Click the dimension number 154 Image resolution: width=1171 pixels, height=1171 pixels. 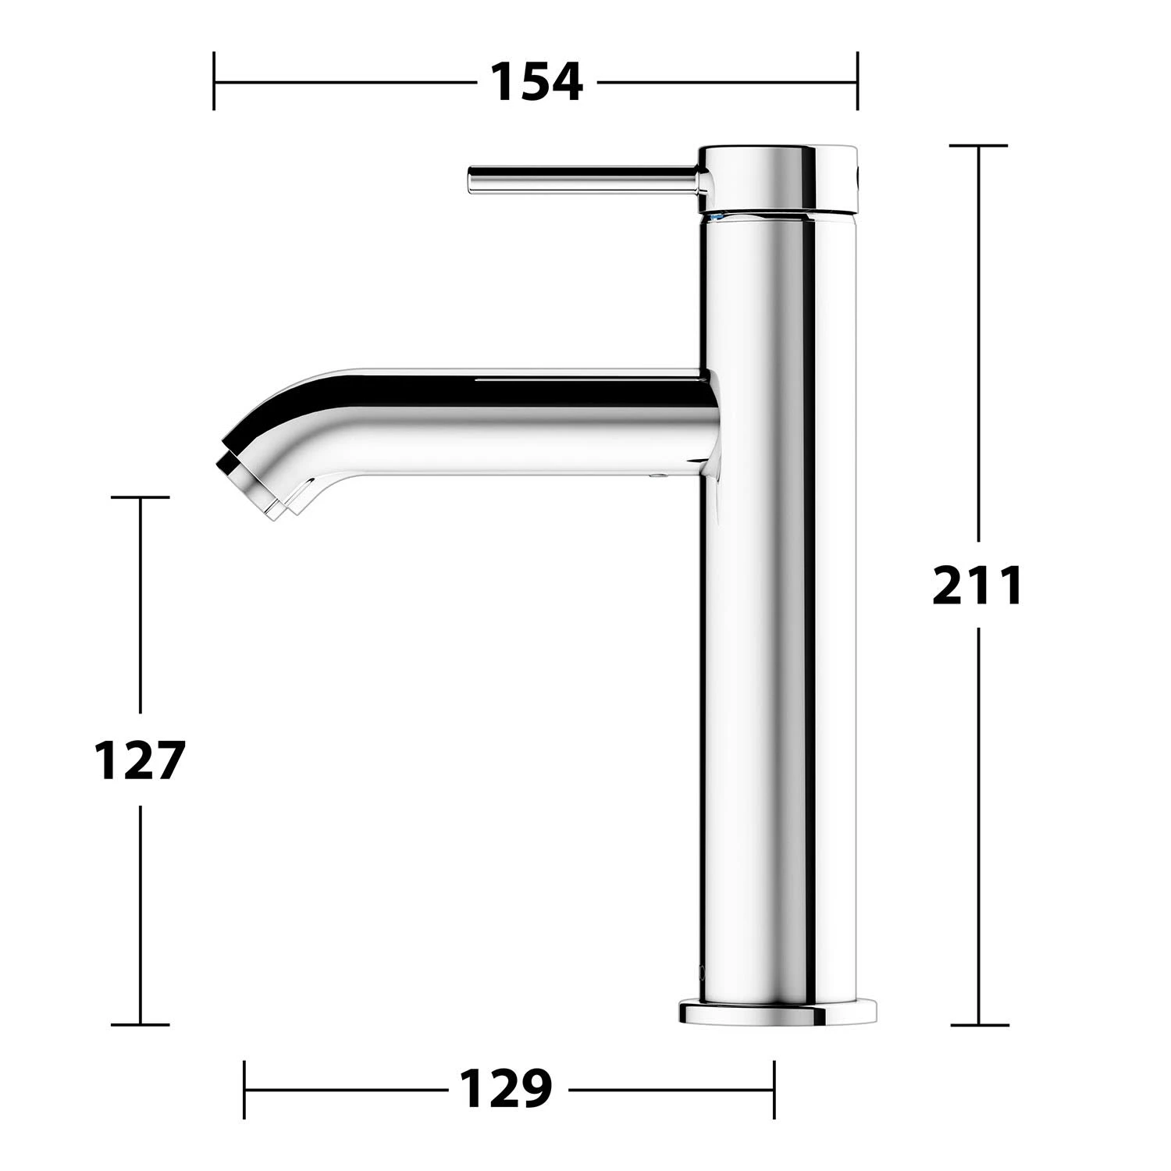coord(536,81)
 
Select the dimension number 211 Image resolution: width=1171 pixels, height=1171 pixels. coord(977,585)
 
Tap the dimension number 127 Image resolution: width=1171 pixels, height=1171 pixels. coord(139,760)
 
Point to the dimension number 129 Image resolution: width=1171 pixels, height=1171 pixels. coord(506,1087)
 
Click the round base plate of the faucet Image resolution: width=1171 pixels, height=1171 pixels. coord(776,1013)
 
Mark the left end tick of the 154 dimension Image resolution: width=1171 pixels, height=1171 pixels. coord(214,81)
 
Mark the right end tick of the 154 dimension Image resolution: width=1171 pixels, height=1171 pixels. coord(857,81)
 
